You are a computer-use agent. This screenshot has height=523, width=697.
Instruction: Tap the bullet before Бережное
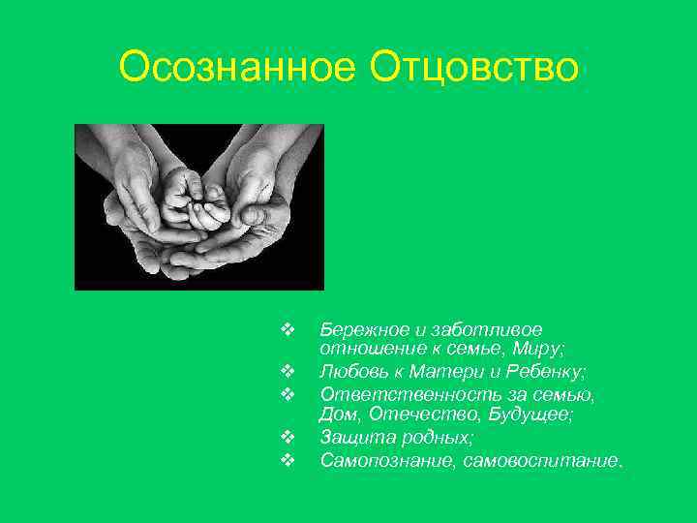[287, 329]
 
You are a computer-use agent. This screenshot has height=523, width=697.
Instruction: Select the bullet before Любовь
[287, 372]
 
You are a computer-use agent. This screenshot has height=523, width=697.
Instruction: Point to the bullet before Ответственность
[287, 394]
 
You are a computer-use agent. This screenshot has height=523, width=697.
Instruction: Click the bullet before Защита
[287, 437]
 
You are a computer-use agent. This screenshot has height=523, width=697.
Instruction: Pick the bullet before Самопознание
[287, 459]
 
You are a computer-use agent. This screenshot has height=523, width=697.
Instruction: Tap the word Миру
[543, 351]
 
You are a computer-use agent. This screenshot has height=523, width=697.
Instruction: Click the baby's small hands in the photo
[195, 198]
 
